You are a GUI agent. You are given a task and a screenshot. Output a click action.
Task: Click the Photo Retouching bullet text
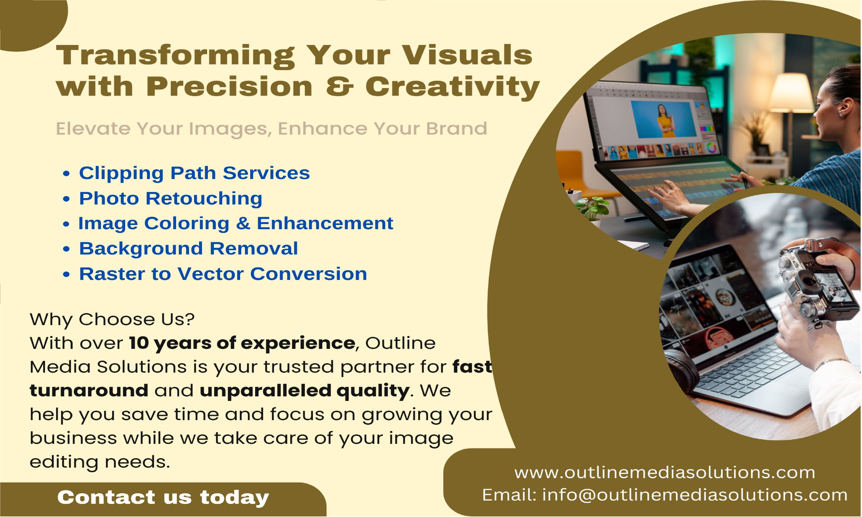[171, 198]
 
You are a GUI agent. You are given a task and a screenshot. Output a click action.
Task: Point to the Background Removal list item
[188, 248]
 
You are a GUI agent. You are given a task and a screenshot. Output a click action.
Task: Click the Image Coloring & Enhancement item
[236, 223]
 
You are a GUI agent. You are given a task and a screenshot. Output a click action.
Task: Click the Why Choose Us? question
[112, 319]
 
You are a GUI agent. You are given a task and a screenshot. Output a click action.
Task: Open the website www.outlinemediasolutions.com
[665, 473]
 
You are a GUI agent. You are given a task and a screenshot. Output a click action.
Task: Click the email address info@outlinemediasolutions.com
[695, 495]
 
